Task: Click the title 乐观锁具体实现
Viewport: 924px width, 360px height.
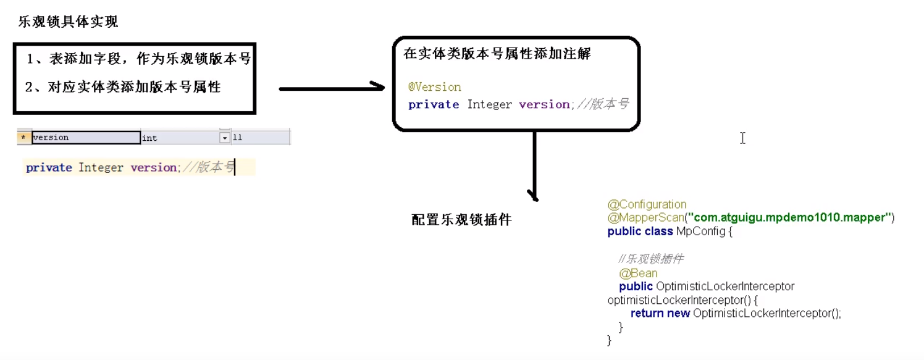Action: (x=68, y=22)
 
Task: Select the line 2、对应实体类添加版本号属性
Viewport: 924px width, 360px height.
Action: (x=123, y=87)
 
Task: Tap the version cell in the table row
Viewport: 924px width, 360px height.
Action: (x=86, y=138)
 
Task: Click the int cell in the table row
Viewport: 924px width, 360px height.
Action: (x=179, y=138)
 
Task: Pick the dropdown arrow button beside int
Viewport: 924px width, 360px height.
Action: (x=225, y=138)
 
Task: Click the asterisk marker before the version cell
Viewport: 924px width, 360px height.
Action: (x=23, y=138)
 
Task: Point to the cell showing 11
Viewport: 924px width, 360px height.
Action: (x=259, y=138)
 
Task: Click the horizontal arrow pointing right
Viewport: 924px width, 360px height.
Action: (x=332, y=88)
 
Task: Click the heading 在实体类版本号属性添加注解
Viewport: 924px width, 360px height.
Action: (x=497, y=54)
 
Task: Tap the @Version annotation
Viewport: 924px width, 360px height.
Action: (x=435, y=87)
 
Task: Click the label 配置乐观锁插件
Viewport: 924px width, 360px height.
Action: (x=461, y=220)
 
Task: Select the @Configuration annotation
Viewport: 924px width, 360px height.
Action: (x=647, y=204)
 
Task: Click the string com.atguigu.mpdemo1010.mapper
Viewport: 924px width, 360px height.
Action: (x=791, y=217)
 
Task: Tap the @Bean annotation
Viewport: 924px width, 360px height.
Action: (x=638, y=273)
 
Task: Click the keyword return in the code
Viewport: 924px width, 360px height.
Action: (x=647, y=314)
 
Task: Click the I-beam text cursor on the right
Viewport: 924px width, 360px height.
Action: (x=742, y=138)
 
